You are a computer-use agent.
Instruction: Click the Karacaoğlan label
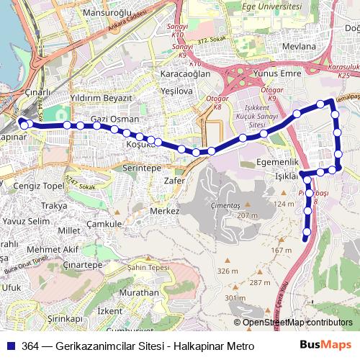(185, 74)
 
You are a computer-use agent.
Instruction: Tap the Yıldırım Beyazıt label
(101, 97)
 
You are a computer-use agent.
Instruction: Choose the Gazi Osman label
(114, 119)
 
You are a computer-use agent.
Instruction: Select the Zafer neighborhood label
(175, 181)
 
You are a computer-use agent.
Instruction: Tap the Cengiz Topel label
(40, 185)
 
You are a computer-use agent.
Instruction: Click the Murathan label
(139, 293)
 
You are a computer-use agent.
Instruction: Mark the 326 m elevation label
(228, 271)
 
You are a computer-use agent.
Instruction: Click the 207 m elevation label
(247, 216)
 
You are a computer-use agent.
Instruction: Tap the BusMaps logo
(326, 346)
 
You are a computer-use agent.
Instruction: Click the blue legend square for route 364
(10, 346)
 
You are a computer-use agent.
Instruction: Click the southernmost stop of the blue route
(305, 238)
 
